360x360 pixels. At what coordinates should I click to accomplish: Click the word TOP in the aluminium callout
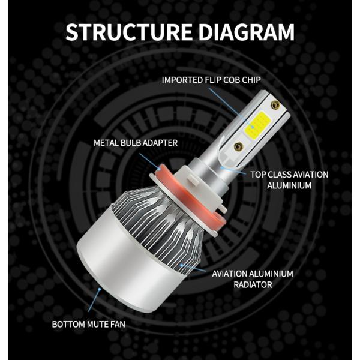coord(258,175)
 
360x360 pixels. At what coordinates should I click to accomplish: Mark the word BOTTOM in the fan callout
coord(69,325)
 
